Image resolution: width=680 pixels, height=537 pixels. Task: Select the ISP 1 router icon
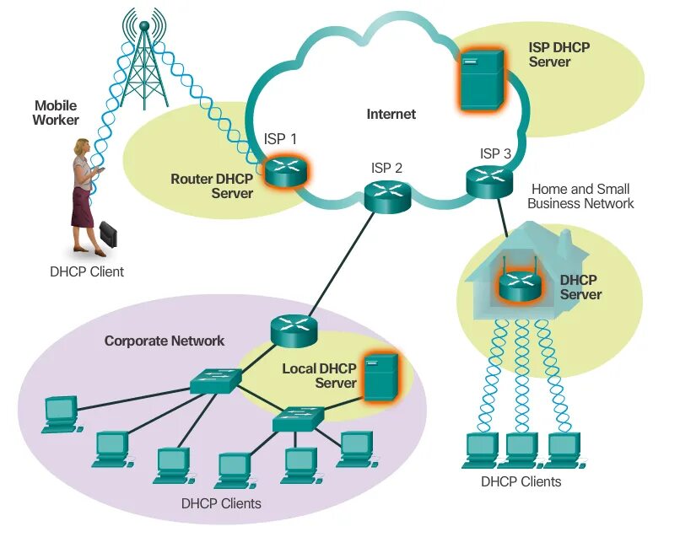click(x=283, y=170)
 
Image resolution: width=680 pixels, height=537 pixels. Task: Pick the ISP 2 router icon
click(x=386, y=195)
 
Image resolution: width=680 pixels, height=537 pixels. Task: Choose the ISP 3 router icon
click(x=489, y=179)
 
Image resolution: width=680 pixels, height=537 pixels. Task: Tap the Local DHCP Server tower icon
click(x=381, y=376)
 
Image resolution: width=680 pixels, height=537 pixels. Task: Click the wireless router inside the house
click(x=517, y=285)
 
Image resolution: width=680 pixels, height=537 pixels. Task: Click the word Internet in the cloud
click(x=391, y=114)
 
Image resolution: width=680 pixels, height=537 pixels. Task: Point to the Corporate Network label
click(x=165, y=341)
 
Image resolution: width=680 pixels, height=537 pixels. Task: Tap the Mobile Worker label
click(x=55, y=112)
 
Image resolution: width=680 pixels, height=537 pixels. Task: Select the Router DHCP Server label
click(x=212, y=185)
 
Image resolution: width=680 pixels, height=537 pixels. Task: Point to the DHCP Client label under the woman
click(x=86, y=271)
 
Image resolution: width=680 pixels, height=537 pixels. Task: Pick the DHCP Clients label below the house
click(x=521, y=482)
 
